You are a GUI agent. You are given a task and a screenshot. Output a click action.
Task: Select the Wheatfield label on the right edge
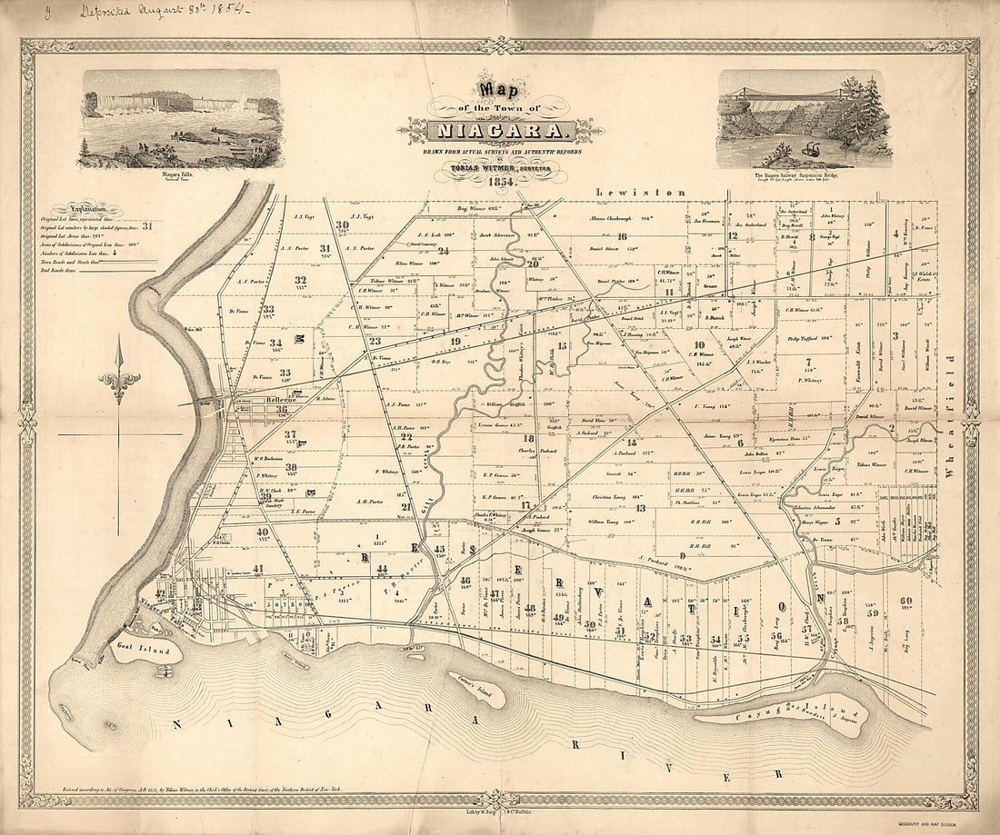952,395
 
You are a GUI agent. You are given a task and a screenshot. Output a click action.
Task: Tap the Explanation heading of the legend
84,208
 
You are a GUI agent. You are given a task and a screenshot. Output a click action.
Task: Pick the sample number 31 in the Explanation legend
146,226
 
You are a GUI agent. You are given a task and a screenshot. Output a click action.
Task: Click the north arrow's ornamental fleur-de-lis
119,383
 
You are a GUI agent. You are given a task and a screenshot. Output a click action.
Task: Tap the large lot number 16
622,236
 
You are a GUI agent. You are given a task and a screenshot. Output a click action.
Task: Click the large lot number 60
905,601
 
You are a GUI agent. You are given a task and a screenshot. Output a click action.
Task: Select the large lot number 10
698,345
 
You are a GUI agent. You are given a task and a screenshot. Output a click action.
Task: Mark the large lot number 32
300,280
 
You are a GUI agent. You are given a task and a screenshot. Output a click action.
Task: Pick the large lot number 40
262,532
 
